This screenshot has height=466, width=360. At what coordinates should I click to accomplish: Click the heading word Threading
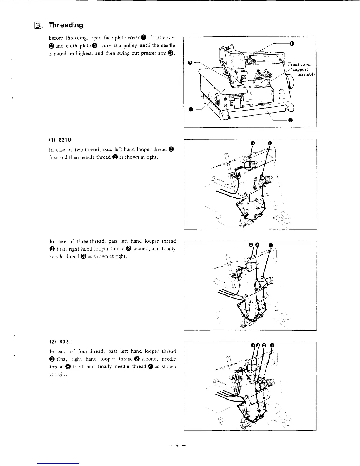click(x=66, y=25)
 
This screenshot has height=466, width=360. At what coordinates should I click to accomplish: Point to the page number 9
click(x=177, y=445)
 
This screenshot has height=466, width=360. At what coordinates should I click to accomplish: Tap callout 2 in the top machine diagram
click(x=290, y=120)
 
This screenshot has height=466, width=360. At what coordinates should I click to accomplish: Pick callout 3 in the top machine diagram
click(x=190, y=62)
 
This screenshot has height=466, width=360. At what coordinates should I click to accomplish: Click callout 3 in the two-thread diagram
click(x=252, y=143)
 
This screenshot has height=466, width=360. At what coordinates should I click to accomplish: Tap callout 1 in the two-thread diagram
click(x=269, y=143)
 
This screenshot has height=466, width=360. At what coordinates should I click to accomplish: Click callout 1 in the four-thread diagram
click(x=272, y=345)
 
